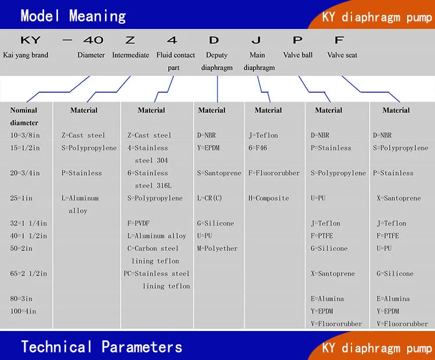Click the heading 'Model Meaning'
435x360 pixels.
tap(73, 16)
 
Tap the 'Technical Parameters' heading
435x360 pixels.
tap(101, 347)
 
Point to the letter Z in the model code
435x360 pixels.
tap(130, 40)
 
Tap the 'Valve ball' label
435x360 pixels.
tap(298, 55)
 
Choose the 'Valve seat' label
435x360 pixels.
tap(342, 55)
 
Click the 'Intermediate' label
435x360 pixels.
tap(130, 55)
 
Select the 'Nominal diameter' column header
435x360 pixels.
tap(24, 116)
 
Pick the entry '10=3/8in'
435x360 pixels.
tap(24, 135)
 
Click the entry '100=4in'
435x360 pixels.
tap(23, 311)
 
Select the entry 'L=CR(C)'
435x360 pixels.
tap(209, 198)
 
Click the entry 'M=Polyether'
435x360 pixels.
tap(217, 248)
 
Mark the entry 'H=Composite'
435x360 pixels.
tap(269, 198)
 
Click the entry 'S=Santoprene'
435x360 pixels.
tap(219, 173)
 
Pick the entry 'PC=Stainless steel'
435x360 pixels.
tap(157, 273)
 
